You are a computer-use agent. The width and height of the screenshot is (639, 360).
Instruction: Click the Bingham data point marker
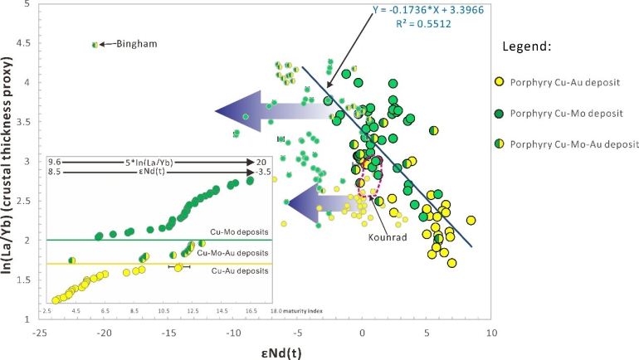point(95,45)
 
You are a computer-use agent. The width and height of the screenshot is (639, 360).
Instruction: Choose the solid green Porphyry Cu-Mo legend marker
point(499,112)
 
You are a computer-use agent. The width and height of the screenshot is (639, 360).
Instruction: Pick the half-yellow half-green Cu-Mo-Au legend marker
point(499,144)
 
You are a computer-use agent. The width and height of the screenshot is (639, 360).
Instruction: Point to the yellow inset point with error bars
point(178,267)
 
